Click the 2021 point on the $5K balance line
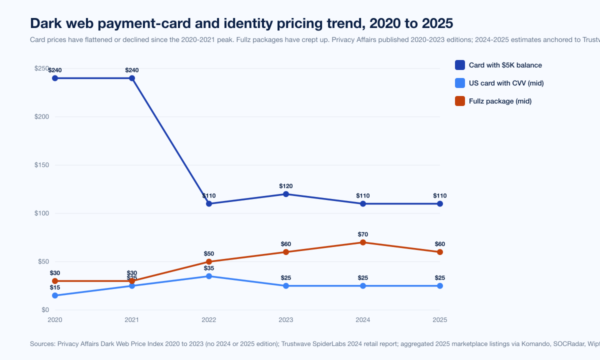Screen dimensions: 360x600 pos(132,78)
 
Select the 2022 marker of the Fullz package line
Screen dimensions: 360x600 pos(209,261)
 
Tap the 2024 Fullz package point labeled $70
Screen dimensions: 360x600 pos(363,242)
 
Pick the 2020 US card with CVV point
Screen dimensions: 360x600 pos(55,295)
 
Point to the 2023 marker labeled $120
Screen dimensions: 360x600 pos(286,194)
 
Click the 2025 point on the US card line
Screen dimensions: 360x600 pos(440,286)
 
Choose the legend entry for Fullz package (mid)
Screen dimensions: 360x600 pos(500,101)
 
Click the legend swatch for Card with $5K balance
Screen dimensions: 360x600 pos(460,65)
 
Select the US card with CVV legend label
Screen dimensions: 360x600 pos(506,83)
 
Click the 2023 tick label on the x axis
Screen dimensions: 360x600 pos(286,320)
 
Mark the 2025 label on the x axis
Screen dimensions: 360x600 pos(440,320)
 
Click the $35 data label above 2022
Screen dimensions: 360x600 pos(209,268)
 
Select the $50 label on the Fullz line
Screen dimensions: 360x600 pos(209,253)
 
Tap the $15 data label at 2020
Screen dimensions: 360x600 pos(55,287)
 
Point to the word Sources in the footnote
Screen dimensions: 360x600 pos(42,343)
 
